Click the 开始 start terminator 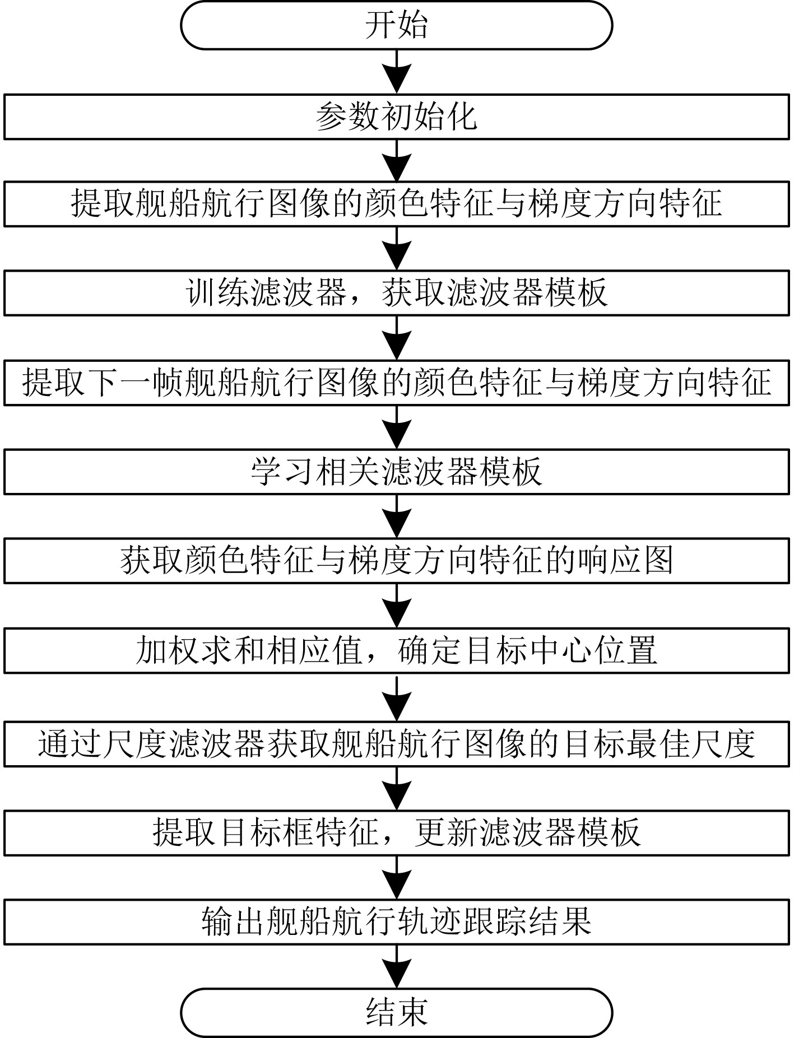coord(396,26)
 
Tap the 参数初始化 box coord(396,117)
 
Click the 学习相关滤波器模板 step coord(396,472)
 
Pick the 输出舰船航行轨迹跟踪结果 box coord(396,922)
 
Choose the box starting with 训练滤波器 coord(396,293)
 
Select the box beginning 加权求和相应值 coord(396,651)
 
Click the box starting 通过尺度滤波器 coord(396,744)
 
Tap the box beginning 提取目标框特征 coord(396,832)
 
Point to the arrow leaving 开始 coord(396,71)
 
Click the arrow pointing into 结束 coord(396,966)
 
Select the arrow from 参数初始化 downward coord(396,160)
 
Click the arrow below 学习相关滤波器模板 coord(396,516)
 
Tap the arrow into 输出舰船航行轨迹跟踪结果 coord(396,877)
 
